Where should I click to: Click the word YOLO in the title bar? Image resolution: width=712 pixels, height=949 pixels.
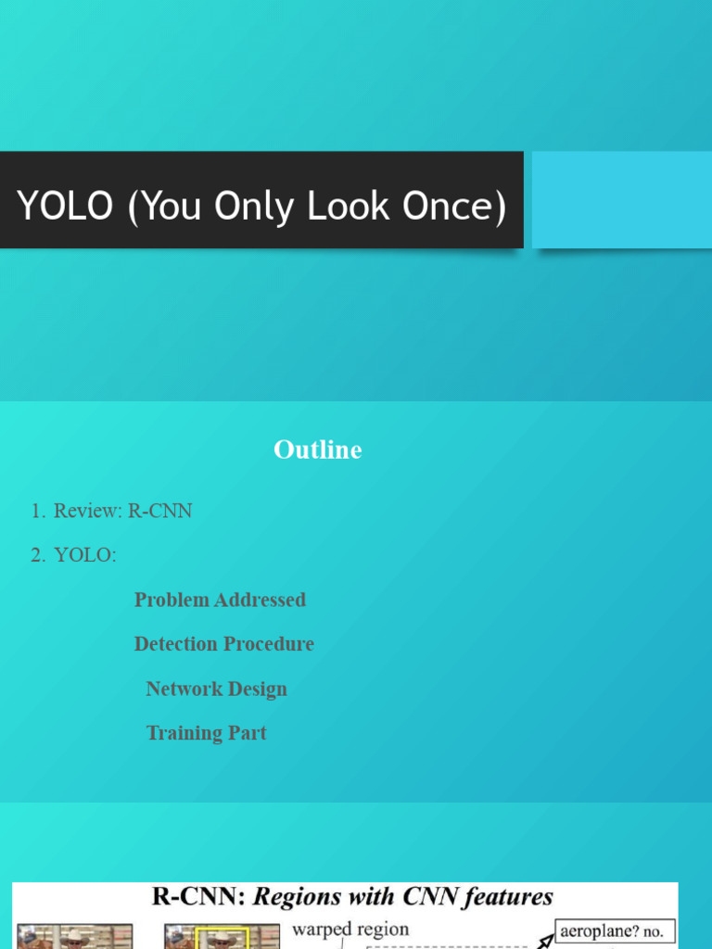tap(64, 207)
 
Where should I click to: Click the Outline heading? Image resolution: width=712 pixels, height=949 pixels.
tap(317, 450)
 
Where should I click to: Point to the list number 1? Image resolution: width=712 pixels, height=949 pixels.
tap(36, 511)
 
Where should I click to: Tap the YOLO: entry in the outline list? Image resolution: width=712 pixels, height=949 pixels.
tap(85, 555)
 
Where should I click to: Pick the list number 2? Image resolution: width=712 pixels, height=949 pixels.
tap(36, 555)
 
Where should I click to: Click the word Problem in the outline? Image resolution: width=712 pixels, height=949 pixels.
tap(172, 600)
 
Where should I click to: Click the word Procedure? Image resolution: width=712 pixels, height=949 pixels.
tap(270, 644)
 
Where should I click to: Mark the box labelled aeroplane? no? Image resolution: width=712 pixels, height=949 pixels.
tap(615, 930)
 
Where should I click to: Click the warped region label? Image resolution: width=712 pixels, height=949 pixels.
tap(350, 929)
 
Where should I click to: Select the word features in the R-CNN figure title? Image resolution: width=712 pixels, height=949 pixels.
tap(508, 897)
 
